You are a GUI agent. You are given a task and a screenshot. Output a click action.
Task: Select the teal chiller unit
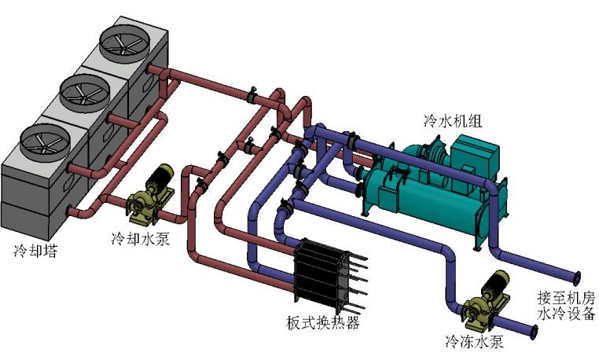(424, 185)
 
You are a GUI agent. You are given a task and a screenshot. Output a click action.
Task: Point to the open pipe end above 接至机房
(578, 277)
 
